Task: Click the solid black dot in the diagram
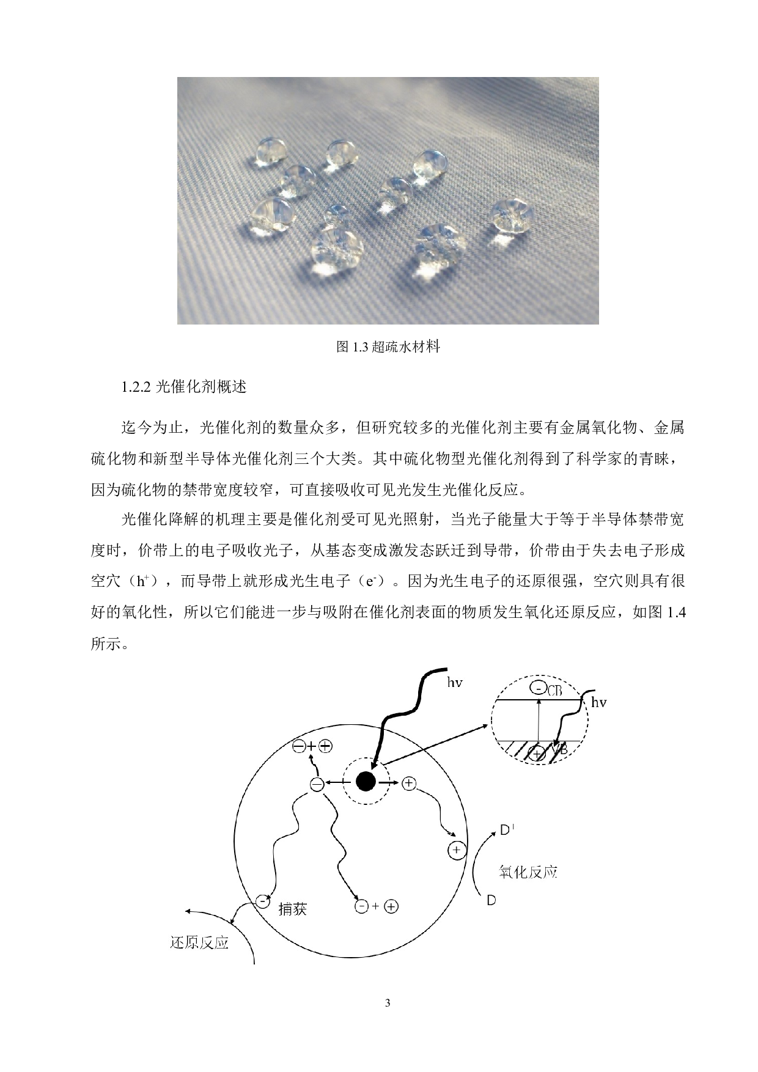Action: point(365,781)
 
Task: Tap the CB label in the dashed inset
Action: point(554,691)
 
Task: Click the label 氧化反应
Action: point(528,872)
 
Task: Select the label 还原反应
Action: point(199,943)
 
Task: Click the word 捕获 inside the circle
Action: point(292,909)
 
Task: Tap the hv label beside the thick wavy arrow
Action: point(454,683)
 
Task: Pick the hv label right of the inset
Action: point(598,702)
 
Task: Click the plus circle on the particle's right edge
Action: point(457,850)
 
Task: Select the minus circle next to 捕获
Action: point(263,901)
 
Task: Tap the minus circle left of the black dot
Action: point(317,784)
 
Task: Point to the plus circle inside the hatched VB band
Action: point(537,754)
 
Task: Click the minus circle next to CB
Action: point(539,689)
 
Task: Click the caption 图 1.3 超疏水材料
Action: point(388,347)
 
